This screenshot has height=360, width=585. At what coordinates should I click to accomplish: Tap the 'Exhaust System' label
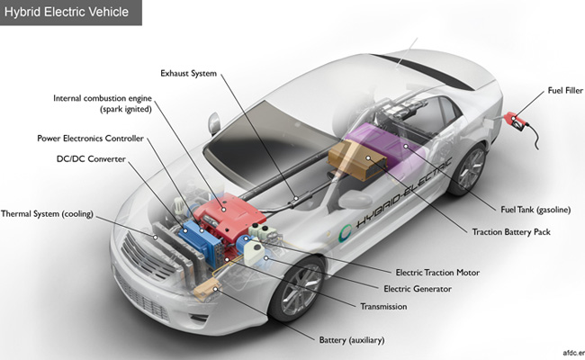pyautogui.click(x=189, y=73)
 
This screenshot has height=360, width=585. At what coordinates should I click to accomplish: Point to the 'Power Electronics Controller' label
pyautogui.click(x=91, y=139)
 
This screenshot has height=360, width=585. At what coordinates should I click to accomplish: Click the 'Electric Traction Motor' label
pyautogui.click(x=437, y=272)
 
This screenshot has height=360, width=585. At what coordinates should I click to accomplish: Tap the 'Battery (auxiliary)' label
pyautogui.click(x=359, y=340)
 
